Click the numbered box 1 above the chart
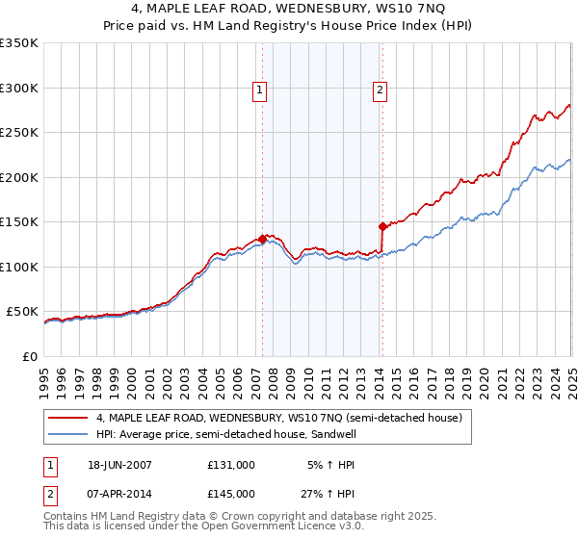coord(260,91)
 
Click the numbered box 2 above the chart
coord(381,91)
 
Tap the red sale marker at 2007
coord(262,239)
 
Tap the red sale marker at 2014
coord(382,227)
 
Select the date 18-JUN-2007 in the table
coord(120,464)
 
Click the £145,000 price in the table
coord(231,494)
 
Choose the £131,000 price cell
coord(231,464)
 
